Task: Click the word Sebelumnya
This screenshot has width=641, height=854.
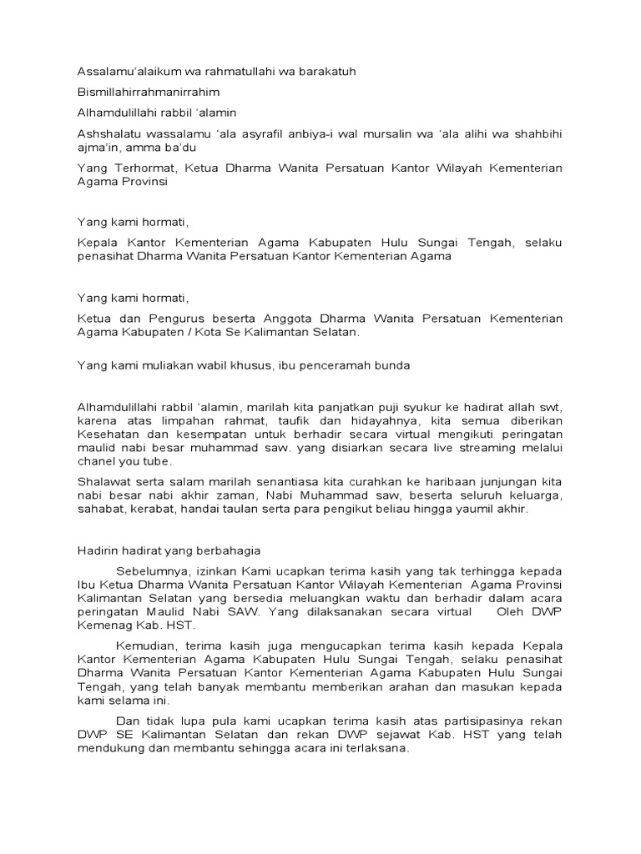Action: (x=154, y=571)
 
